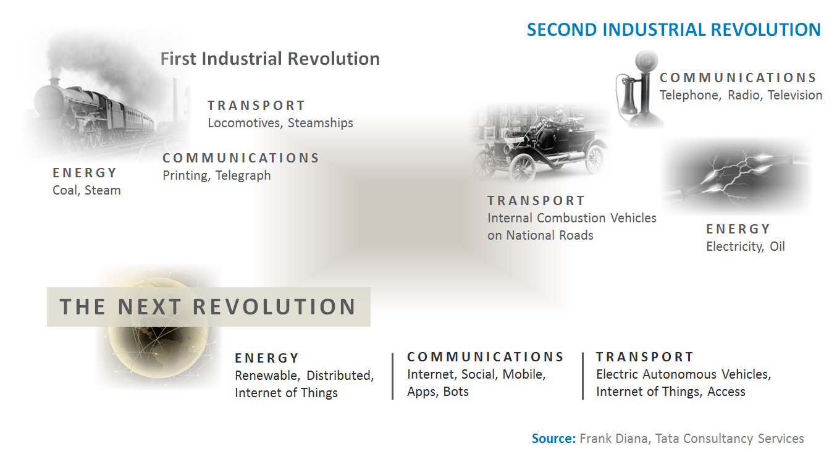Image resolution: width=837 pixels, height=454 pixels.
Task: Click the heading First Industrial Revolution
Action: (270, 59)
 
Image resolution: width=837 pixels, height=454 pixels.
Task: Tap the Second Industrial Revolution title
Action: (673, 30)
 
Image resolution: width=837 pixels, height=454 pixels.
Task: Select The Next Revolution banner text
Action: (208, 307)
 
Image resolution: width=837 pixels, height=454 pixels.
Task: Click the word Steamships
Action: (321, 123)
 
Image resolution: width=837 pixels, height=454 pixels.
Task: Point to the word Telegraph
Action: (243, 175)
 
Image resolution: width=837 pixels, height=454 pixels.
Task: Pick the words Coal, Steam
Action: (86, 190)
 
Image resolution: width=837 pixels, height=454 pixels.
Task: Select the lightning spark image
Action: (735, 176)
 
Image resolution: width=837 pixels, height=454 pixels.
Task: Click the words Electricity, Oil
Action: (745, 246)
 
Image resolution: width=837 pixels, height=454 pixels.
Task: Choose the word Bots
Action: (456, 392)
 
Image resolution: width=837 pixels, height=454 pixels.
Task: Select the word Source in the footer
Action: (553, 439)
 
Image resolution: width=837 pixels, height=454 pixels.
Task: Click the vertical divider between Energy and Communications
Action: (393, 376)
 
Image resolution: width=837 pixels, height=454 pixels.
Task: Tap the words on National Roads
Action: (540, 235)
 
